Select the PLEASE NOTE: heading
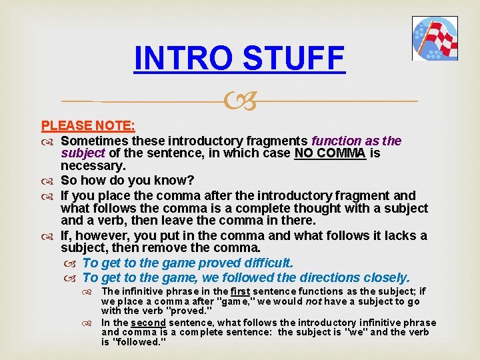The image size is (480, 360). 88,125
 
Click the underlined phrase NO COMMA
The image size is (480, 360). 330,153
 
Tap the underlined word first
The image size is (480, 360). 240,291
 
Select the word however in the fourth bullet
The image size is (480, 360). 99,235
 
